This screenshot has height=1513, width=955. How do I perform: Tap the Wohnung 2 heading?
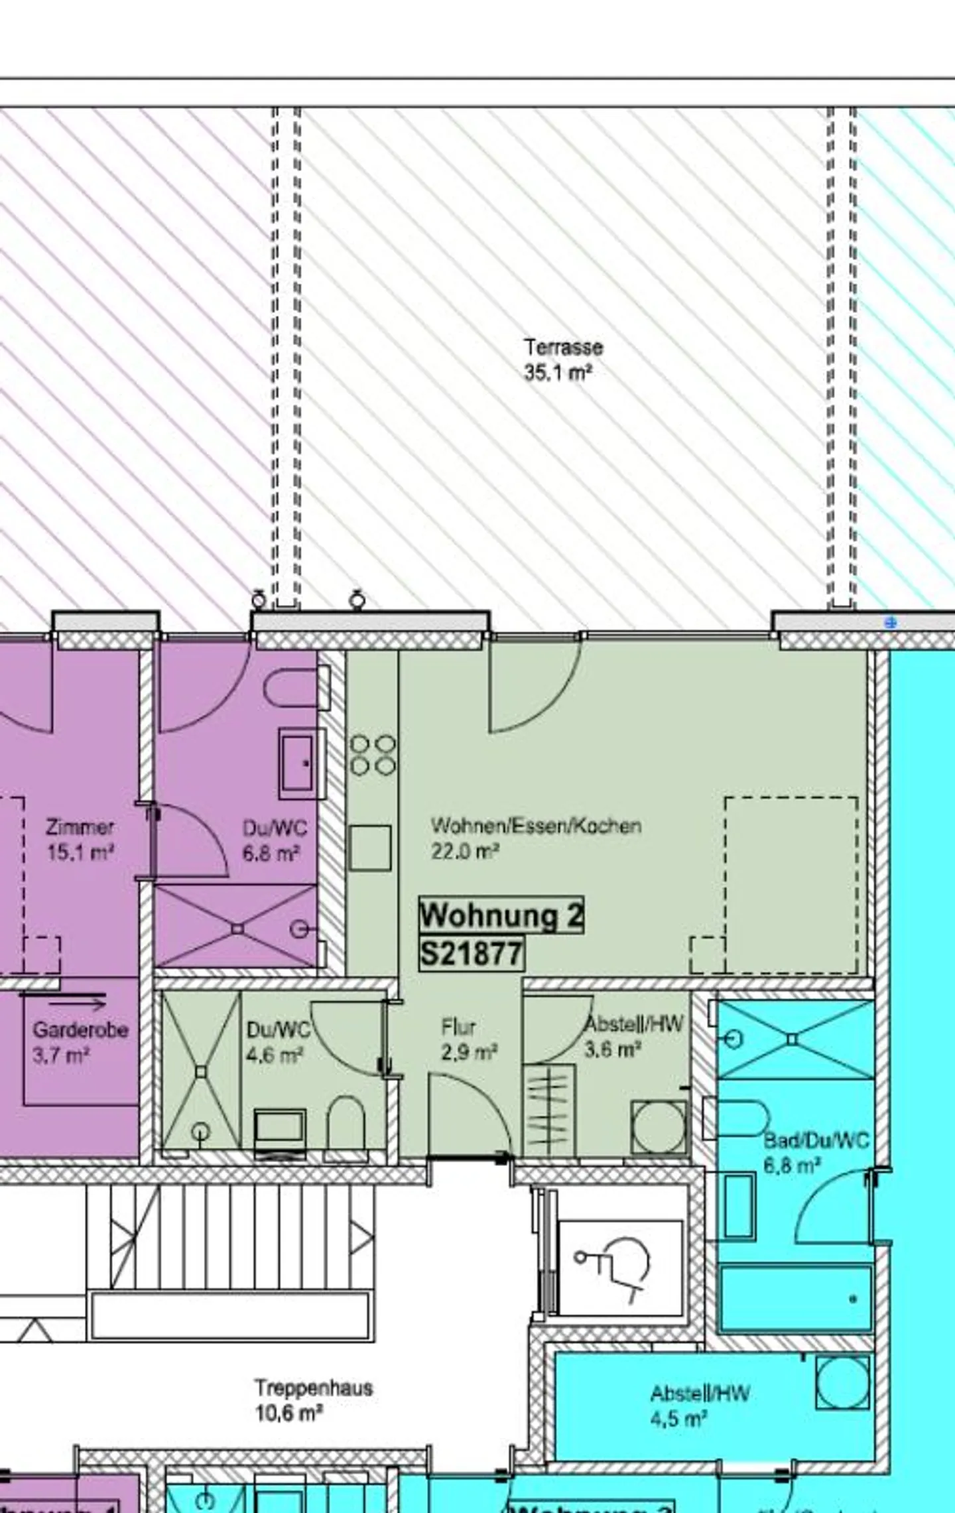click(501, 915)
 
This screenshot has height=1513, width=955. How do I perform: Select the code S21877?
click(472, 954)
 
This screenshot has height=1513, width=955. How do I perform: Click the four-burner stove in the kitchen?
click(373, 755)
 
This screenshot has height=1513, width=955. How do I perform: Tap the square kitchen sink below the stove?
click(370, 848)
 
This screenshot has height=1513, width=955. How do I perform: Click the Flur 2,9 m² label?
click(468, 1039)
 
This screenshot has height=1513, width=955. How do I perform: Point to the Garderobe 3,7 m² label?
click(80, 1041)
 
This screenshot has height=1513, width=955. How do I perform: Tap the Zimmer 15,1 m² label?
click(80, 839)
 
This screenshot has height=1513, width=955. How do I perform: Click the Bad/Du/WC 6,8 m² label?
click(816, 1152)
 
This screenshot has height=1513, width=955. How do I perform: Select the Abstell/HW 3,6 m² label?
click(633, 1036)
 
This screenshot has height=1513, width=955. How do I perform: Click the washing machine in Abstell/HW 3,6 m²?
click(659, 1126)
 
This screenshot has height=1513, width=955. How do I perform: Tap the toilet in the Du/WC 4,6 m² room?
click(346, 1123)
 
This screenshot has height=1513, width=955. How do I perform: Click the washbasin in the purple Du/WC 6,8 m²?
click(297, 764)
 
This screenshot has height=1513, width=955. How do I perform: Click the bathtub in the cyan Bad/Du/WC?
click(796, 1297)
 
